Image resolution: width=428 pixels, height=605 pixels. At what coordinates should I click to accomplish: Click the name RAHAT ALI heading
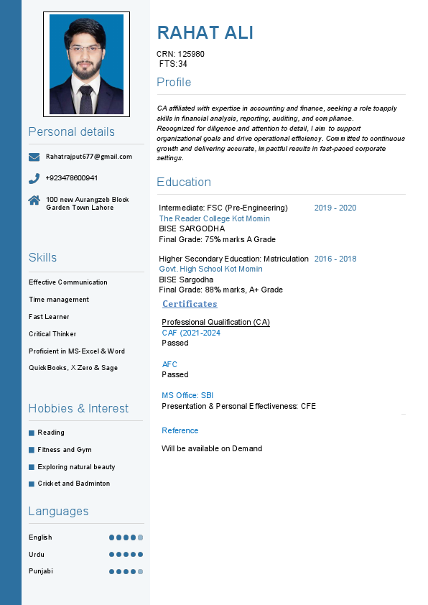(205, 33)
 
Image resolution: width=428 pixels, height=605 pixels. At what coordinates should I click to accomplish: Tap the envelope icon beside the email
(34, 157)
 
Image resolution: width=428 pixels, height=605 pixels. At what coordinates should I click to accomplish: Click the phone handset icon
(34, 178)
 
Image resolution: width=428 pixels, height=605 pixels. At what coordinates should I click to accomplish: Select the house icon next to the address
(34, 200)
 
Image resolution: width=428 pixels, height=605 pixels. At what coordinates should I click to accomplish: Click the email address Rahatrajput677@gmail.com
(89, 157)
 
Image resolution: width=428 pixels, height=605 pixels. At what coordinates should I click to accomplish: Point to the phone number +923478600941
(72, 178)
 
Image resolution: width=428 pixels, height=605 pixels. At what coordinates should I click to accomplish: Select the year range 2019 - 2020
(335, 208)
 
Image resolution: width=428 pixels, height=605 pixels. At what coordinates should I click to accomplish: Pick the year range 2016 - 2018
(335, 259)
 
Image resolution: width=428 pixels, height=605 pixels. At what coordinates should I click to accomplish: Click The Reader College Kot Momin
(214, 218)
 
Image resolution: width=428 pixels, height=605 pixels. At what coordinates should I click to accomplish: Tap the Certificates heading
(190, 304)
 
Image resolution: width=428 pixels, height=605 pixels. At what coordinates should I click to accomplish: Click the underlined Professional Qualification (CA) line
(215, 322)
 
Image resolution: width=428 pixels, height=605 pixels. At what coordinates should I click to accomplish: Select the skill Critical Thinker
(52, 334)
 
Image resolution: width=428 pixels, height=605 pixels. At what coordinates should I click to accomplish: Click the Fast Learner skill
(49, 317)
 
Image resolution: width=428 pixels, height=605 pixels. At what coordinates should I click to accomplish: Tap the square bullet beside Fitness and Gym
(32, 450)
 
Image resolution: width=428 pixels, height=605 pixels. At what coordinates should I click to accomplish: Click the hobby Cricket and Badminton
(74, 484)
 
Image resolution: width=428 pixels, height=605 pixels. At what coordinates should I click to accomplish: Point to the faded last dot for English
(141, 537)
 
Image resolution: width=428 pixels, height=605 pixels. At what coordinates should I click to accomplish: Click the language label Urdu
(36, 555)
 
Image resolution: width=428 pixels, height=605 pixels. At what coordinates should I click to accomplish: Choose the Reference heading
(180, 430)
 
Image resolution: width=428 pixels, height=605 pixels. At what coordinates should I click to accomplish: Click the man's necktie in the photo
(85, 100)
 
